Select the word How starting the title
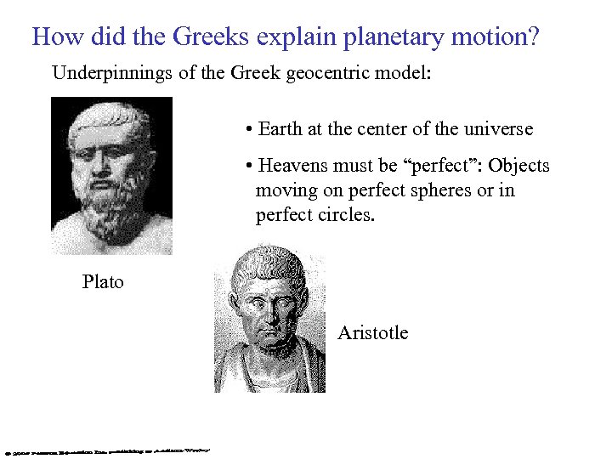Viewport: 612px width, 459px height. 54,37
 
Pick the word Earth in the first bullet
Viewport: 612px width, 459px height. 280,129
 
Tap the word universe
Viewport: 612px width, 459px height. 497,129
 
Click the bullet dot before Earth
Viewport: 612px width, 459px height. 246,130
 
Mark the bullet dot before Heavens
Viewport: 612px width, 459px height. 246,166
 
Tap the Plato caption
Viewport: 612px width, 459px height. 103,281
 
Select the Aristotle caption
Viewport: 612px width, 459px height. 372,332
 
